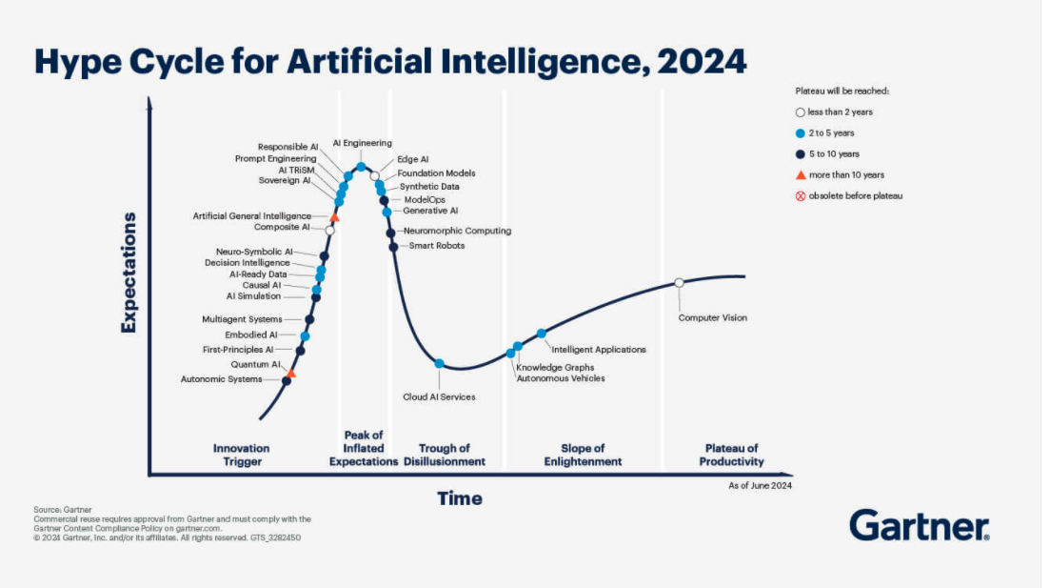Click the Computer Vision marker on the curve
(x=679, y=282)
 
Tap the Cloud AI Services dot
(x=439, y=363)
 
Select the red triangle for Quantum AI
(x=291, y=374)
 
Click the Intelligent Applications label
(x=599, y=350)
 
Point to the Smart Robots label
(x=437, y=246)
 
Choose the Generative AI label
(x=430, y=211)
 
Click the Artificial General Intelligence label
(x=251, y=216)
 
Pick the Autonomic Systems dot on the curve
(x=287, y=381)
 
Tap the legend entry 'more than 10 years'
(x=846, y=174)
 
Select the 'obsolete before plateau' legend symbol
(x=801, y=195)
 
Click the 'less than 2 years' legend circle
(x=801, y=112)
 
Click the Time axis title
(x=460, y=498)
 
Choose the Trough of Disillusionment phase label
(x=451, y=455)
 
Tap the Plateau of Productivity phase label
(x=732, y=455)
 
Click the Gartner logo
(x=919, y=525)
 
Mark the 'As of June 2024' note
(x=760, y=485)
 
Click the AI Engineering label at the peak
(x=362, y=143)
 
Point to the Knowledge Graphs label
(x=555, y=367)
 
